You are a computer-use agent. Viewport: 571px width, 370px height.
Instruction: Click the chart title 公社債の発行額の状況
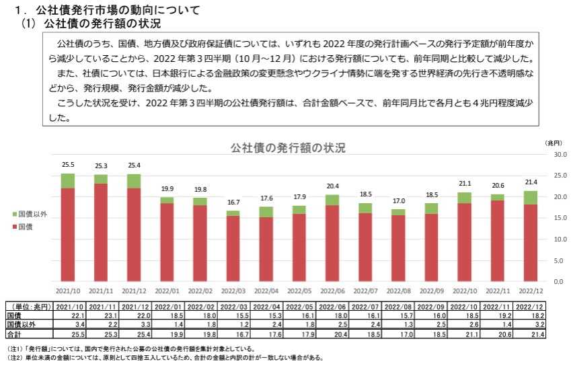point(287,148)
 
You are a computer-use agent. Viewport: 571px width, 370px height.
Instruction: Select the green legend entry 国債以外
point(32,214)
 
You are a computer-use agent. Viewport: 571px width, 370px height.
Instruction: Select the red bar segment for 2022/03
point(233,248)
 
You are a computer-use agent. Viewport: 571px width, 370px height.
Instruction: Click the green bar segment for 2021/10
point(68,180)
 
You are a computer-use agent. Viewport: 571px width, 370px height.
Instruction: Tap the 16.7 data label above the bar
point(233,203)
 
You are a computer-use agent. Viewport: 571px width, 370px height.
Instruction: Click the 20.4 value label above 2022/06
point(332,186)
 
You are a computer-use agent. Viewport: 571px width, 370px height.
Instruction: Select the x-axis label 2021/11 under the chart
point(101,291)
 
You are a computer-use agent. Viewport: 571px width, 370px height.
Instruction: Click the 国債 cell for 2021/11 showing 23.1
point(101,315)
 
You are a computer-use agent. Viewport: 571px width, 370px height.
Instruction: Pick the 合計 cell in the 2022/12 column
point(529,332)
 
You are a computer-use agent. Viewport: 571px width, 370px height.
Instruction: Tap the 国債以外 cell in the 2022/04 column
point(266,324)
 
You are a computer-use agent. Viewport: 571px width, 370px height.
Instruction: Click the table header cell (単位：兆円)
point(29,306)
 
